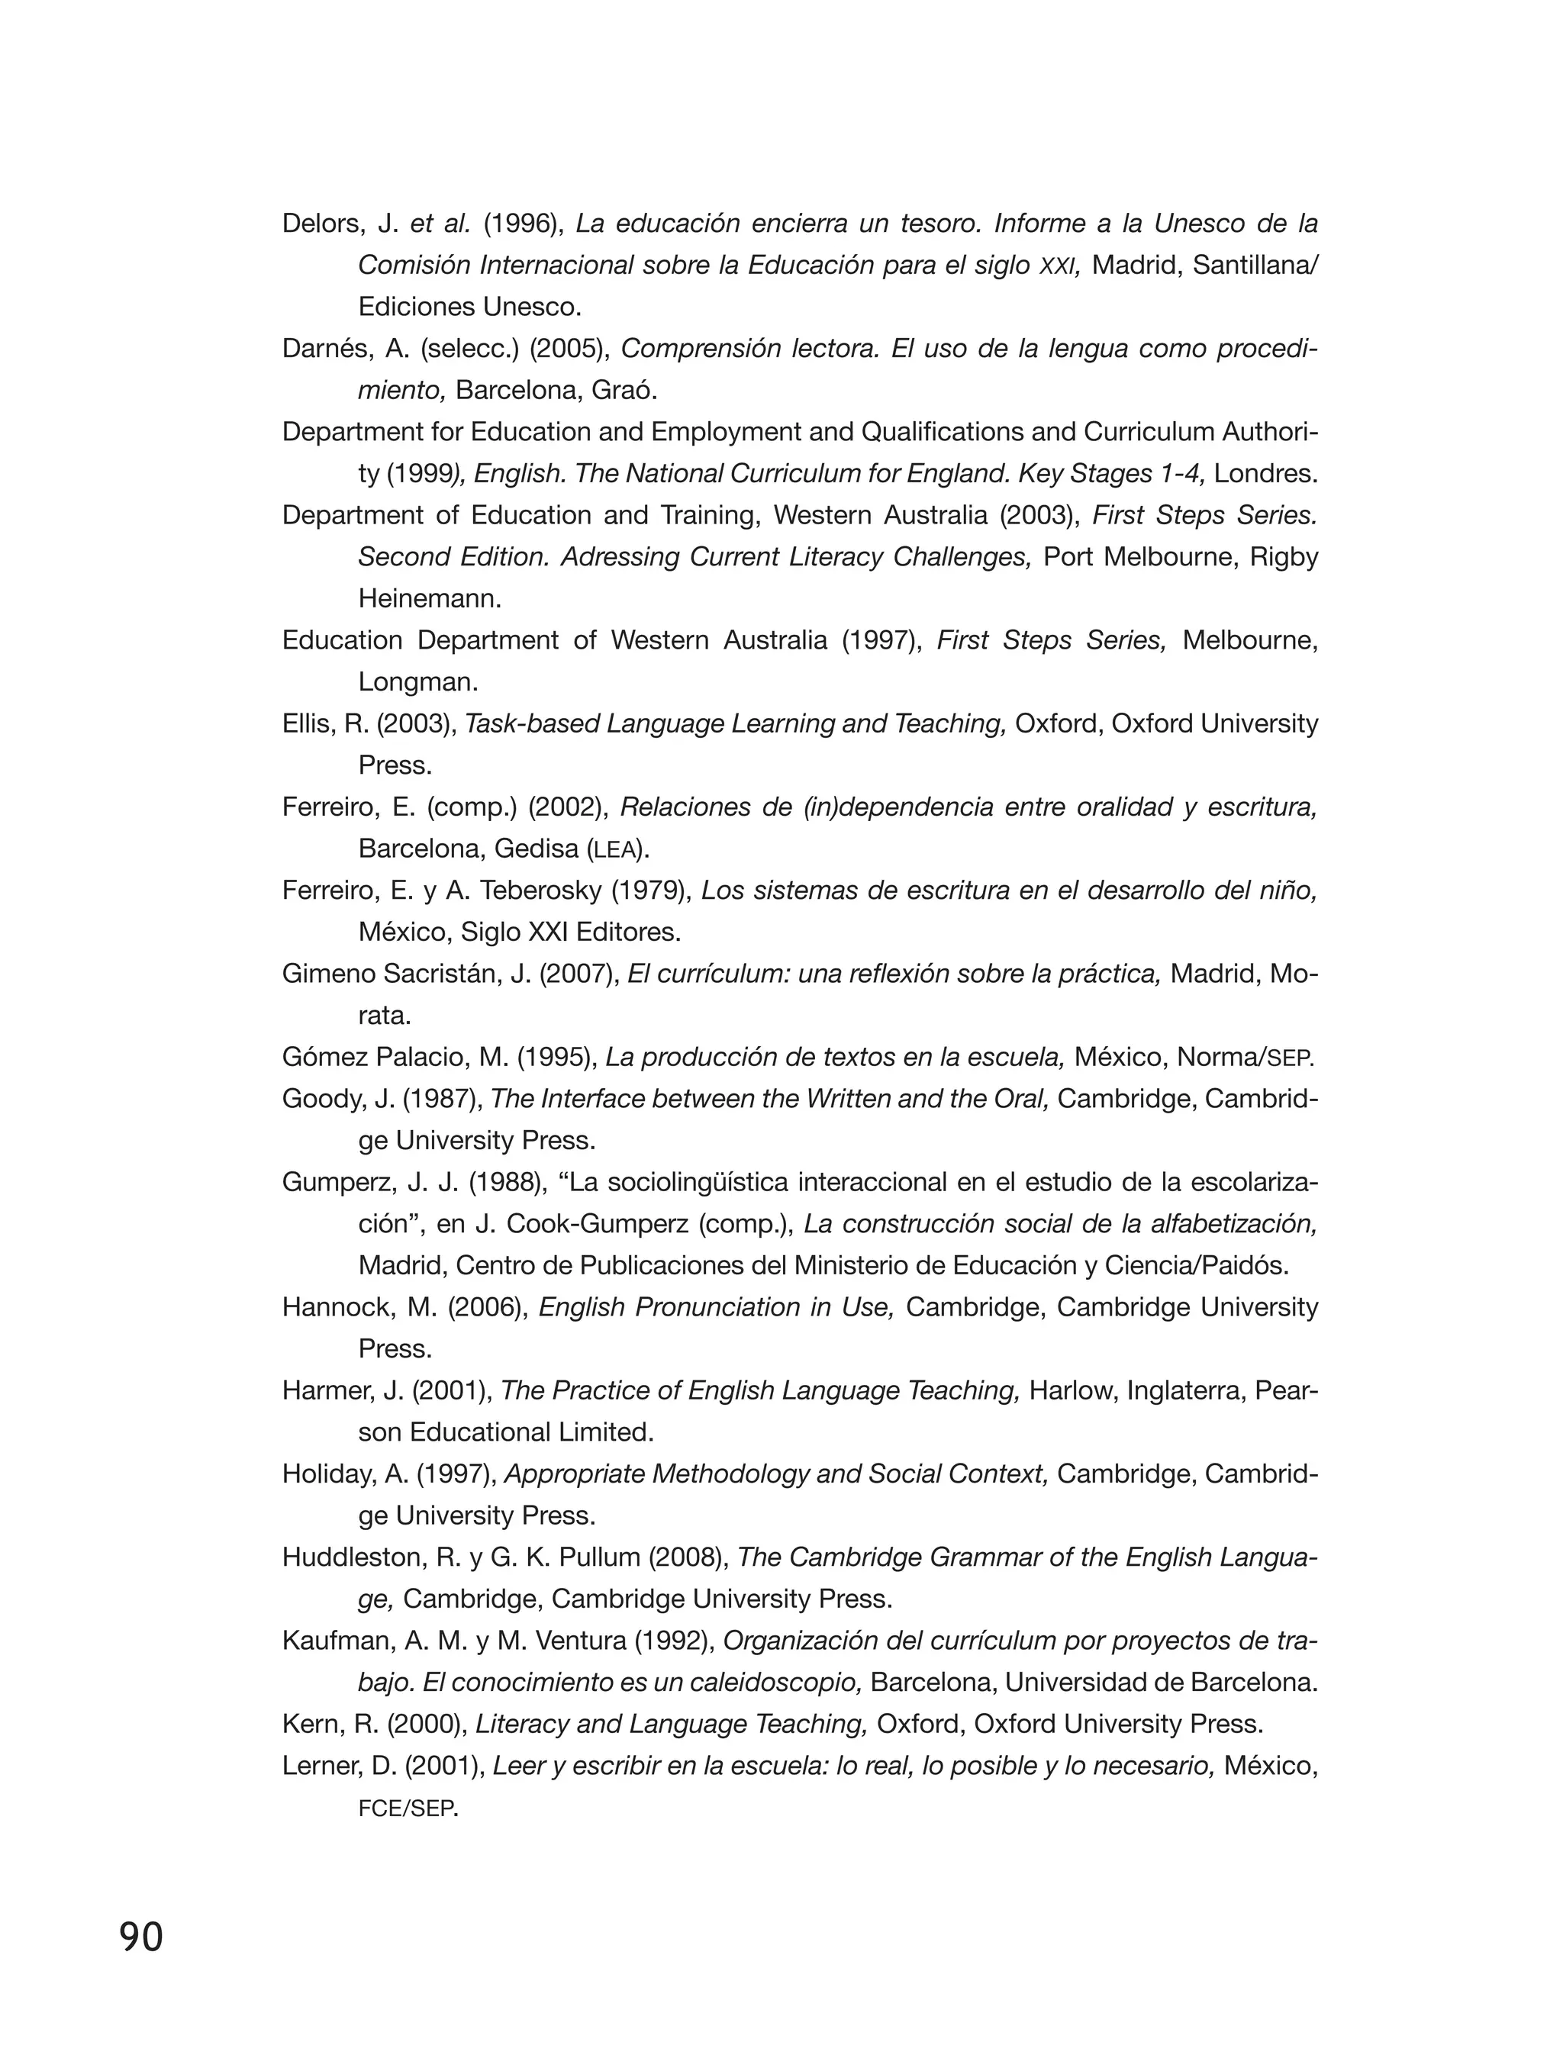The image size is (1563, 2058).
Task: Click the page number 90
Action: [141, 1937]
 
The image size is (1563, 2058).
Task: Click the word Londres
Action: [1265, 475]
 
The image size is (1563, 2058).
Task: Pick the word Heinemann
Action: [429, 599]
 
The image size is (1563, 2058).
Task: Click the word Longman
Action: [417, 683]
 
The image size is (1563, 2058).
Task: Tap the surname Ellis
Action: [309, 724]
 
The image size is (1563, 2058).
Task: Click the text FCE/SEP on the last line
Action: [407, 1808]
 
